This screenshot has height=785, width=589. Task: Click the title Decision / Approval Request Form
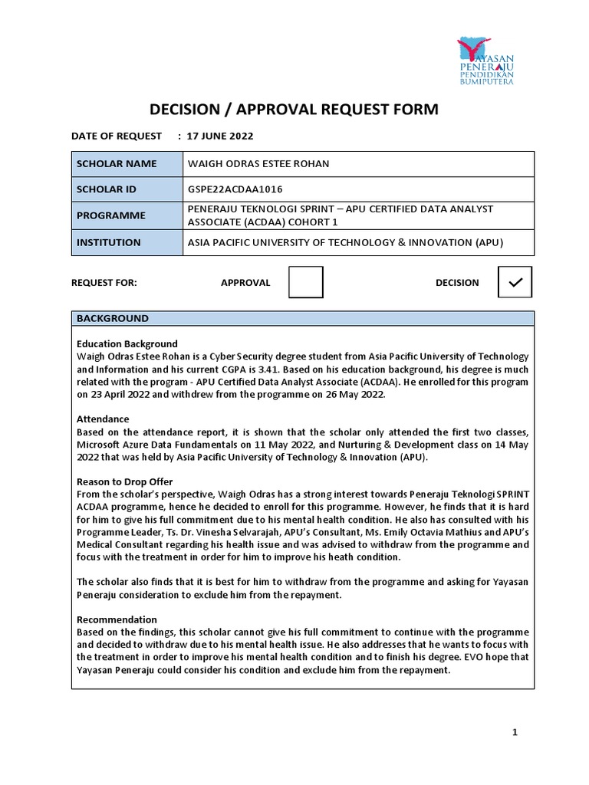click(x=294, y=110)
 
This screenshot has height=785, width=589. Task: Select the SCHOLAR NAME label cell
click(x=126, y=164)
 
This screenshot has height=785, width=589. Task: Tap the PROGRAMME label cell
click(x=126, y=215)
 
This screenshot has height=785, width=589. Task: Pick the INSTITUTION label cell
click(x=126, y=242)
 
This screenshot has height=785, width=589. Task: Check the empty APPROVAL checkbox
click(x=305, y=282)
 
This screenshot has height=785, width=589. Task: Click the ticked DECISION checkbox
click(x=515, y=282)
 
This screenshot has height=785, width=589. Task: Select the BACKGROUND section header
click(x=112, y=318)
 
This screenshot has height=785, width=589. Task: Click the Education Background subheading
click(x=127, y=344)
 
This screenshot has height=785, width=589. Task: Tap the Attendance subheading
click(x=103, y=419)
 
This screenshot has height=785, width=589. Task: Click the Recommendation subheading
click(x=117, y=619)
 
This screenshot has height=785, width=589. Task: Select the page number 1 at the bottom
click(x=515, y=733)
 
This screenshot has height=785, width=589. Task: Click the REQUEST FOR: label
click(x=104, y=282)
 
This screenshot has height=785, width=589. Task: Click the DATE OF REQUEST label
click(x=116, y=136)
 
